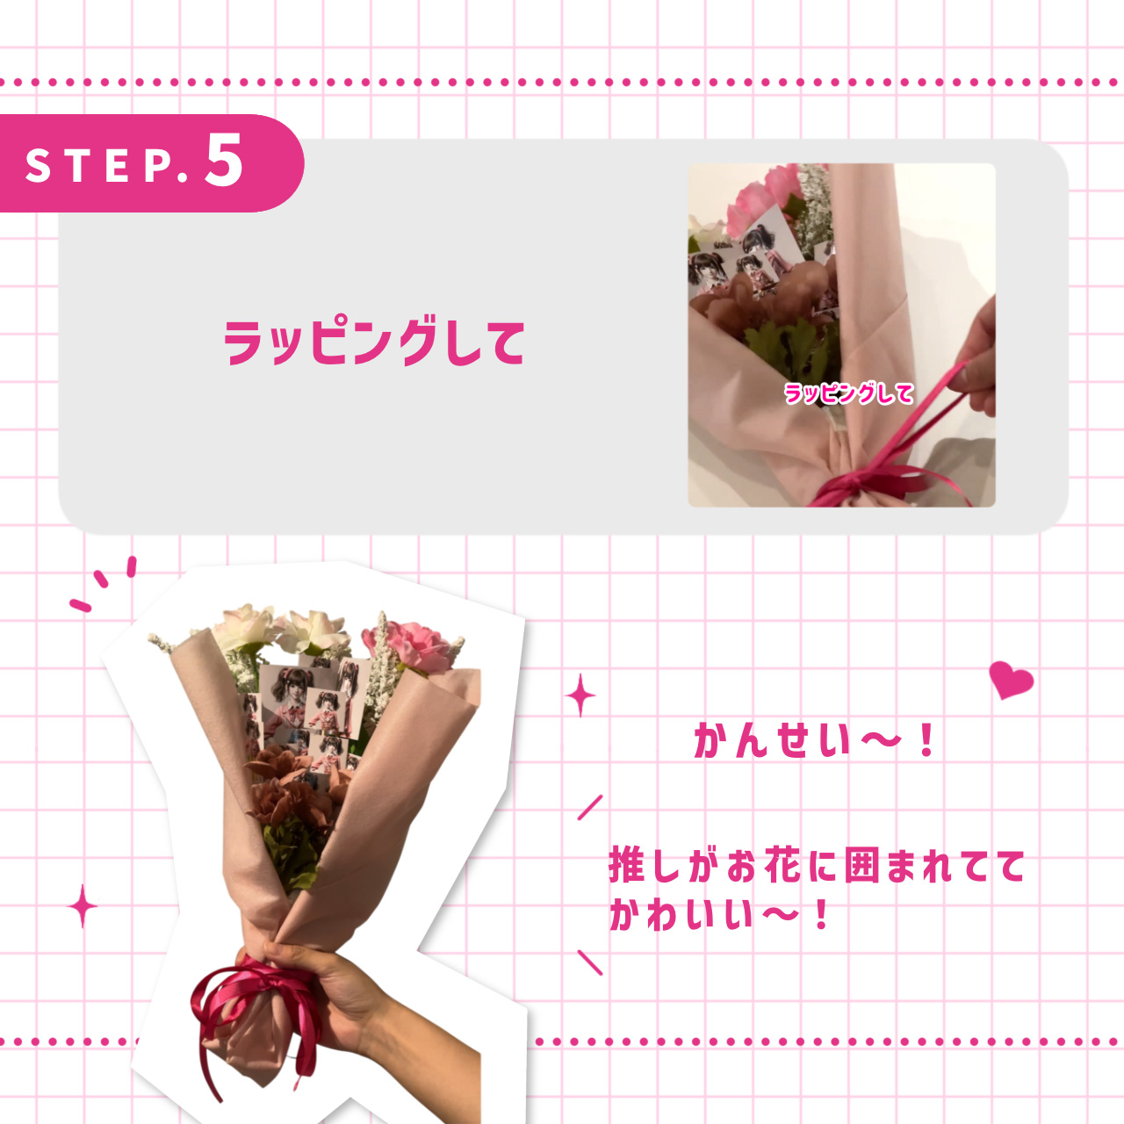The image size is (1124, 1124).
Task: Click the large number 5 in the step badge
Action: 225,160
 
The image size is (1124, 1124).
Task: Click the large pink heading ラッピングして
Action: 374,342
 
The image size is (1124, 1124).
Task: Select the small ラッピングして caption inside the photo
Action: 848,393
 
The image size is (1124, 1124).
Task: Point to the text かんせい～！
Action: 814,741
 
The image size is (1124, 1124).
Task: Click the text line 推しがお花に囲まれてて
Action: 817,866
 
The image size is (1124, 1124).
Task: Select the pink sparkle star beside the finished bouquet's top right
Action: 580,696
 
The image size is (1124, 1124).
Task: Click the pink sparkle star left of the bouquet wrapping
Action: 83,906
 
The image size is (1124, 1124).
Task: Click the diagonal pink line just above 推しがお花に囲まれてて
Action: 590,807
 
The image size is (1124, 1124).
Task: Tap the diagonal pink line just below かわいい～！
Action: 590,962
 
